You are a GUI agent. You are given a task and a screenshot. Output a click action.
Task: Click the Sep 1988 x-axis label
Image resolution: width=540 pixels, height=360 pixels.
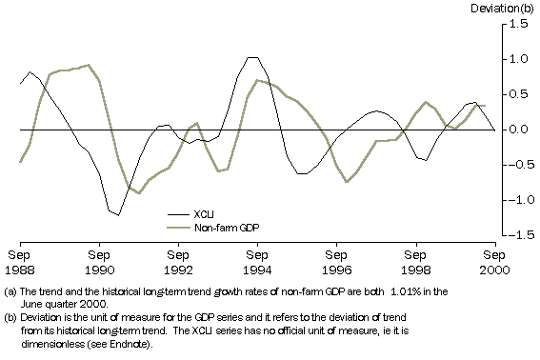[x=20, y=261]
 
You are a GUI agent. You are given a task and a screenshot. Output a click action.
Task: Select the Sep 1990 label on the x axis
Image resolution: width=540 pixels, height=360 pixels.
[x=99, y=261]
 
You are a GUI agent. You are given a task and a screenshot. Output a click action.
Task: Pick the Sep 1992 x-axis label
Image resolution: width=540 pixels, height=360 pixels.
[x=178, y=261]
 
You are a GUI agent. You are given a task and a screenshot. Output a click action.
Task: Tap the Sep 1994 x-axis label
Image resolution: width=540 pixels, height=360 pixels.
[x=257, y=261]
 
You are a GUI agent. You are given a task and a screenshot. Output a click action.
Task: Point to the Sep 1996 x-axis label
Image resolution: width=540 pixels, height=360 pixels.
[x=336, y=261]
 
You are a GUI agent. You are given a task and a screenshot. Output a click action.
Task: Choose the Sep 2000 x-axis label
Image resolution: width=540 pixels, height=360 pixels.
[x=493, y=261]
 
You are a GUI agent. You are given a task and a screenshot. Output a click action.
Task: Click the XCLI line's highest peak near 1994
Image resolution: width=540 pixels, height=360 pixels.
[x=251, y=57]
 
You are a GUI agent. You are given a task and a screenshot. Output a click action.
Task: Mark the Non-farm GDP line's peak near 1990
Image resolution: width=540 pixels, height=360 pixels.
[x=89, y=65]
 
